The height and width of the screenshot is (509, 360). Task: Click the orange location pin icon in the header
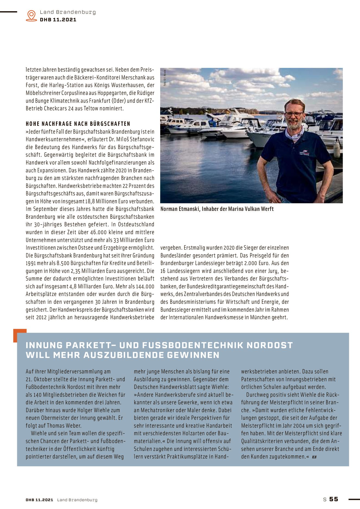tap(31, 15)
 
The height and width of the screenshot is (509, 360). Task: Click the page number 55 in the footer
tap(334, 499)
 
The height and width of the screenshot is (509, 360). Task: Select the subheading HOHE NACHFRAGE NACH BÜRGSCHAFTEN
tap(78, 124)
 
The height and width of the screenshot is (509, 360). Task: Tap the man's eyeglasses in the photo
tap(294, 114)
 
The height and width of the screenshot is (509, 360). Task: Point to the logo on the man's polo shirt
tap(304, 153)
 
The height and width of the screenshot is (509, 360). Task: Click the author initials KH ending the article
tap(314, 457)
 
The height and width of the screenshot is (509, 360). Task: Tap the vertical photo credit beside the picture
tap(165, 78)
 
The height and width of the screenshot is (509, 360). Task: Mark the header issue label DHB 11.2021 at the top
tap(58, 20)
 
